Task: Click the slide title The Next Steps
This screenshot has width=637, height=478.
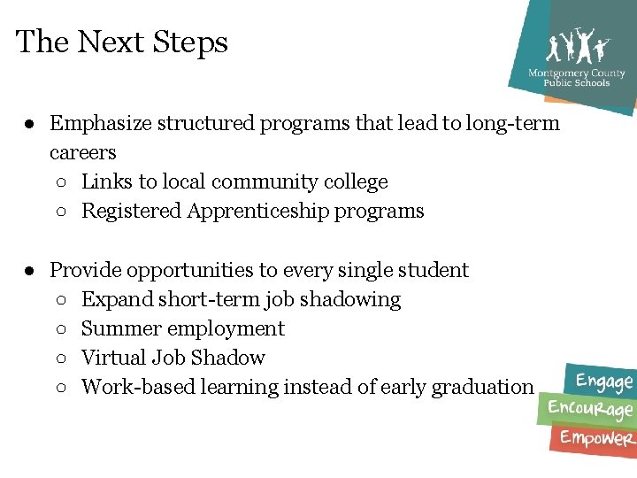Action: pyautogui.click(x=122, y=42)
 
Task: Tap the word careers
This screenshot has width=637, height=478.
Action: pyautogui.click(x=83, y=152)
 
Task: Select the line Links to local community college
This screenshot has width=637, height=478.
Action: pyautogui.click(x=234, y=181)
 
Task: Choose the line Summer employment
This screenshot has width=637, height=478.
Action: pyautogui.click(x=183, y=328)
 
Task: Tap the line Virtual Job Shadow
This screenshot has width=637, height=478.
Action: pyautogui.click(x=173, y=358)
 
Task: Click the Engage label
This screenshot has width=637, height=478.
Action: pyautogui.click(x=604, y=382)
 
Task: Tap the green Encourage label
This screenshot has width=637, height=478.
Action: pyautogui.click(x=590, y=409)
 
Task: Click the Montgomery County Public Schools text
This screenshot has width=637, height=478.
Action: pyautogui.click(x=576, y=78)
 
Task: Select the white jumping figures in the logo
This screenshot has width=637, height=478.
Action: pyautogui.click(x=578, y=46)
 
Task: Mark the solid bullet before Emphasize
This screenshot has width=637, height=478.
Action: pyautogui.click(x=29, y=123)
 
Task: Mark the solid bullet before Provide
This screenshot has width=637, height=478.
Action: pyautogui.click(x=29, y=269)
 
